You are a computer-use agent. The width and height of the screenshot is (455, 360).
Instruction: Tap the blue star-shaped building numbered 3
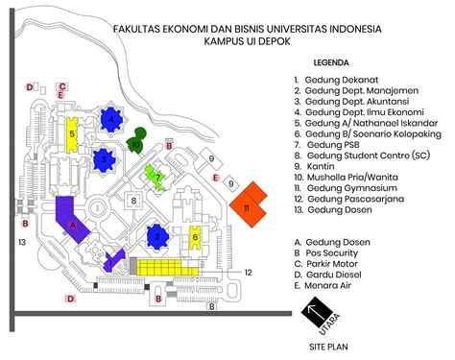[103, 158]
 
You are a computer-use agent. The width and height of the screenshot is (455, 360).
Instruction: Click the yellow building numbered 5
[71, 134]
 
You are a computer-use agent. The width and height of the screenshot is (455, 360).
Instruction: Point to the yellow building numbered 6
[195, 235]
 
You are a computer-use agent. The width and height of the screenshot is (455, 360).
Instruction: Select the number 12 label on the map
[247, 273]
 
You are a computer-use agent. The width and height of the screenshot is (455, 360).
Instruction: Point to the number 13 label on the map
[20, 242]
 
